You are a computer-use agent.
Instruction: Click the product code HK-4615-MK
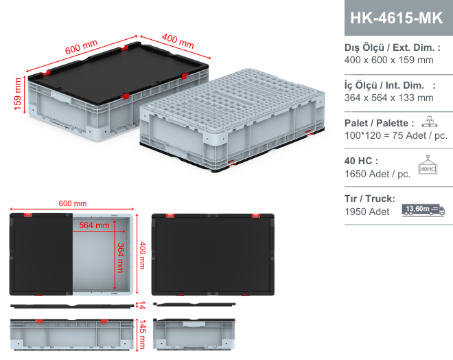[397, 18]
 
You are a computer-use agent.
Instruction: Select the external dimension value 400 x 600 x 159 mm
[388, 60]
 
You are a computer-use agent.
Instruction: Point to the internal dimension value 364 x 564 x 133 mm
[388, 98]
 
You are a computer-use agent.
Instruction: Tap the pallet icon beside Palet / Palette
[429, 122]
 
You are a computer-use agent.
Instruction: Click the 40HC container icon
[428, 165]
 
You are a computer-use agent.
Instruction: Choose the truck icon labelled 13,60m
[423, 210]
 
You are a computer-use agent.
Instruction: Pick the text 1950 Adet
[367, 212]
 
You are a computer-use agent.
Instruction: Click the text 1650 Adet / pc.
[377, 174]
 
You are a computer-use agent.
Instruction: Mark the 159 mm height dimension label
[18, 94]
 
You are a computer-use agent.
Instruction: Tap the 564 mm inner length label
[95, 225]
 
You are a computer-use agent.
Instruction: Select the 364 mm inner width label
[121, 258]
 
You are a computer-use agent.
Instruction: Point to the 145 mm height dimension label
[143, 335]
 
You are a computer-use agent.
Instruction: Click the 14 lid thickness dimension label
[142, 305]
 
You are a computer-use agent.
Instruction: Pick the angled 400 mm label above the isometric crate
[178, 41]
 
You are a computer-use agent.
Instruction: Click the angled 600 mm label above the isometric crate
[81, 47]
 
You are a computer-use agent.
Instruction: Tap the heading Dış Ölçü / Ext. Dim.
[393, 47]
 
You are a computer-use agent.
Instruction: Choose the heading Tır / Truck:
[370, 199]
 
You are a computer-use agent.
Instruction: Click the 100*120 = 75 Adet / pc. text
[396, 135]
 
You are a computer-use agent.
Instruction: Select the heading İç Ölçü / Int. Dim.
[390, 85]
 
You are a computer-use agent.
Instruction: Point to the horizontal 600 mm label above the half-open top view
[73, 203]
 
